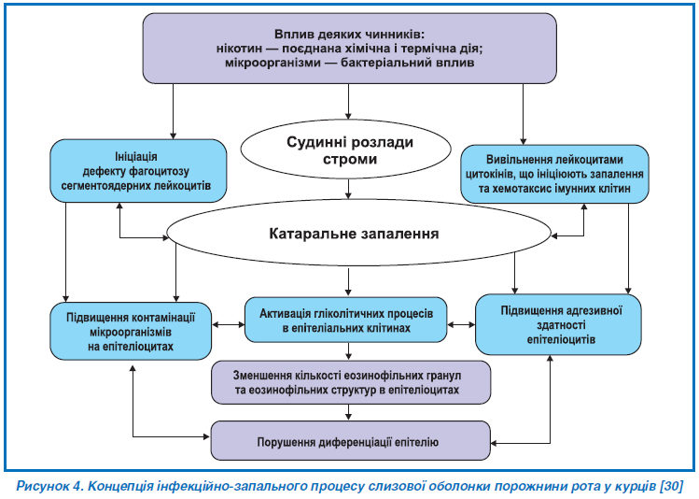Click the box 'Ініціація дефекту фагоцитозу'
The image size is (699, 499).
point(137,170)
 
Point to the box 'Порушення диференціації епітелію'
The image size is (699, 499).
point(350,439)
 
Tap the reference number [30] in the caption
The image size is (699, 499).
point(670,486)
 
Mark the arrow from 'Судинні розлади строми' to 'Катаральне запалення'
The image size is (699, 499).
point(349,190)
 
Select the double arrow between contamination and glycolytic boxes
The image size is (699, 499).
point(229,324)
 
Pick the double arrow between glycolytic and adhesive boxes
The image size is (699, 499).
point(461,324)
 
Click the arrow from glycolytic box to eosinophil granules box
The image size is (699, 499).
point(349,352)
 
